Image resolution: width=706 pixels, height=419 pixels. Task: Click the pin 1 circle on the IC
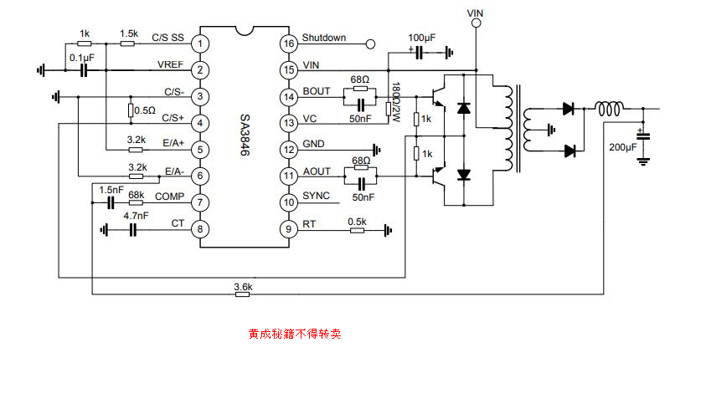(x=200, y=43)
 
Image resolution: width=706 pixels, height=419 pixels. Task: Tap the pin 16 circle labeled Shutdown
(x=288, y=43)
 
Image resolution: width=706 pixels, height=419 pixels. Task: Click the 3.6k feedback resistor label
(x=243, y=287)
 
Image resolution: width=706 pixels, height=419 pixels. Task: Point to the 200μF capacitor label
(x=622, y=147)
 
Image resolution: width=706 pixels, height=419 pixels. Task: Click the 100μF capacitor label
(x=421, y=38)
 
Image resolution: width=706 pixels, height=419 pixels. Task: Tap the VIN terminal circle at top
(x=476, y=24)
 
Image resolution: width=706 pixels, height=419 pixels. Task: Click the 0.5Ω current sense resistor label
(x=145, y=110)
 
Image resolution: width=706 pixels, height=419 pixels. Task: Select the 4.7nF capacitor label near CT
(x=136, y=216)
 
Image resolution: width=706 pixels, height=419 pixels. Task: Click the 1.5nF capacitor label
(x=111, y=190)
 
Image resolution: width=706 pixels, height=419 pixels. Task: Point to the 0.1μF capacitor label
(x=81, y=57)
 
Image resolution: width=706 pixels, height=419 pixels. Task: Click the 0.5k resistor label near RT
(x=358, y=221)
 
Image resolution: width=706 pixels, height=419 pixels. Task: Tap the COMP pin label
(x=170, y=197)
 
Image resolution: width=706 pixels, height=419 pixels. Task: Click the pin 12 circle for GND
(x=288, y=150)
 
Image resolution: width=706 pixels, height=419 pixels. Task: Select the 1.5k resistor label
(x=129, y=33)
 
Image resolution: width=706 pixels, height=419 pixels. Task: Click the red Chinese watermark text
(x=294, y=334)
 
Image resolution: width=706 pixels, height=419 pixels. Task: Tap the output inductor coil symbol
(x=609, y=108)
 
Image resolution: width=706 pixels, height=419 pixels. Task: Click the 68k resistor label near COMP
(x=136, y=195)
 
